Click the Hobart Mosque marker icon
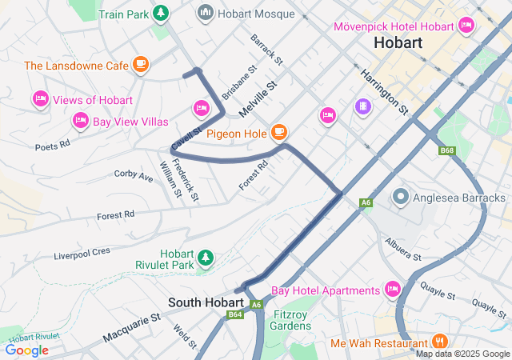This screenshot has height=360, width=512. [x=205, y=13]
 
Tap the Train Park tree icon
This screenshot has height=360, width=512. [x=161, y=14]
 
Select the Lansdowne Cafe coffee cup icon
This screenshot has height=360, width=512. [x=141, y=64]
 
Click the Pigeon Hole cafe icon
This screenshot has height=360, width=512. [x=278, y=131]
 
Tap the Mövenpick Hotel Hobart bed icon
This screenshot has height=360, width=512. [x=466, y=26]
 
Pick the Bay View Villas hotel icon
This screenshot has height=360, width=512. [x=80, y=121]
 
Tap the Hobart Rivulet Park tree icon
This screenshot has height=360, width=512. [x=206, y=258]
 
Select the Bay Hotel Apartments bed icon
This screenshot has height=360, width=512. [x=393, y=289]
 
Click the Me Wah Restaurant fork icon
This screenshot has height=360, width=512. [x=438, y=342]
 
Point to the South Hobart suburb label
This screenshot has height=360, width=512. [x=206, y=302]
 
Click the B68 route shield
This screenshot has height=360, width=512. [x=447, y=150]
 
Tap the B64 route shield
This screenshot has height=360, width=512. [x=235, y=314]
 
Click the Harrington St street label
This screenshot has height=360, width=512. [x=384, y=90]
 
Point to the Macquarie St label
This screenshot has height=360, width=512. [x=132, y=328]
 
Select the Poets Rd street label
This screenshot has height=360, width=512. [x=53, y=145]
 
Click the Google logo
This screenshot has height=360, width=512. [x=26, y=350]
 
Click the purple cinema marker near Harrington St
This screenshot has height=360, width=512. [x=363, y=106]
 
